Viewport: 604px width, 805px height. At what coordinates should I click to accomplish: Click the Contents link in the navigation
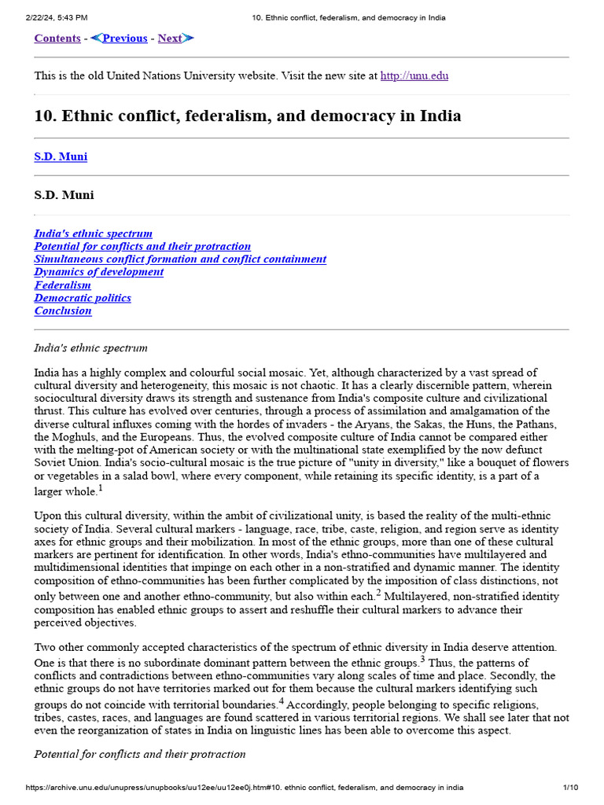click(x=57, y=38)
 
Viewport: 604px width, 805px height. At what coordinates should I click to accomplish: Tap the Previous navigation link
click(x=124, y=38)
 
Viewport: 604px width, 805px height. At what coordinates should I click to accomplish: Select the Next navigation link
click(x=170, y=38)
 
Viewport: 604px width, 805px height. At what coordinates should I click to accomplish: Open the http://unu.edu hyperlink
click(x=414, y=76)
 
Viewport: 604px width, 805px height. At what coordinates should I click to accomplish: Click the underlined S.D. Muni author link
click(x=61, y=156)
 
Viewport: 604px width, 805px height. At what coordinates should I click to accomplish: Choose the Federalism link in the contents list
click(x=62, y=285)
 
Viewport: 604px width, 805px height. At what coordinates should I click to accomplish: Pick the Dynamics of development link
click(x=98, y=272)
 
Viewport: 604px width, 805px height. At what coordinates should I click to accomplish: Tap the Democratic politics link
click(x=83, y=298)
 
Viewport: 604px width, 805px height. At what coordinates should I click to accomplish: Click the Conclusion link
click(x=63, y=311)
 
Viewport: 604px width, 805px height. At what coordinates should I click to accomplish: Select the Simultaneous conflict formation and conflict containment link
click(x=180, y=259)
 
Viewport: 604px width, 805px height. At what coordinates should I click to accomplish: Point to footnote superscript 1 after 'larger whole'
click(x=101, y=488)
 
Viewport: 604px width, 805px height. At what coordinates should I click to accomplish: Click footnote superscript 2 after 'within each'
click(x=377, y=592)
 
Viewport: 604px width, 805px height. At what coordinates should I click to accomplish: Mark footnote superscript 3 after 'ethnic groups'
click(x=423, y=658)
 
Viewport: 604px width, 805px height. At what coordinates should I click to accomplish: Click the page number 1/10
click(x=570, y=787)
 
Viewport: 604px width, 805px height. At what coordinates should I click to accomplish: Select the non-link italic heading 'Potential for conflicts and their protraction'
click(x=139, y=754)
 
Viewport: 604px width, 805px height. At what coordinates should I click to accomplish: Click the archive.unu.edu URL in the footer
click(x=244, y=787)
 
